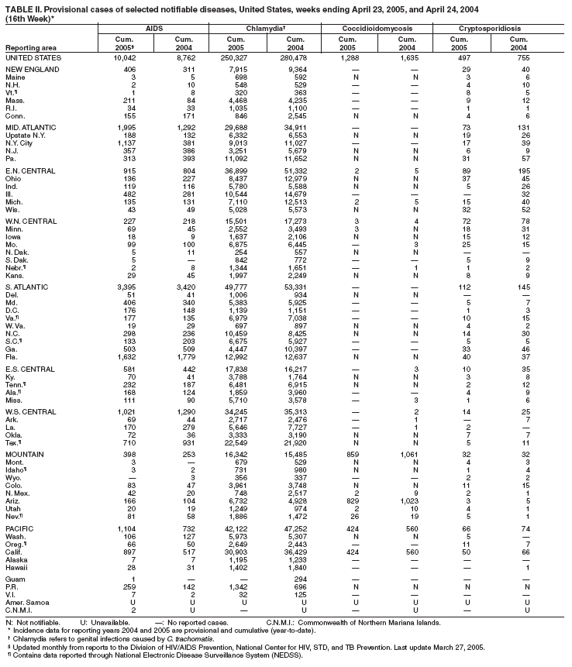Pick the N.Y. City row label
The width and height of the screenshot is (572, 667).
pos(22,143)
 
